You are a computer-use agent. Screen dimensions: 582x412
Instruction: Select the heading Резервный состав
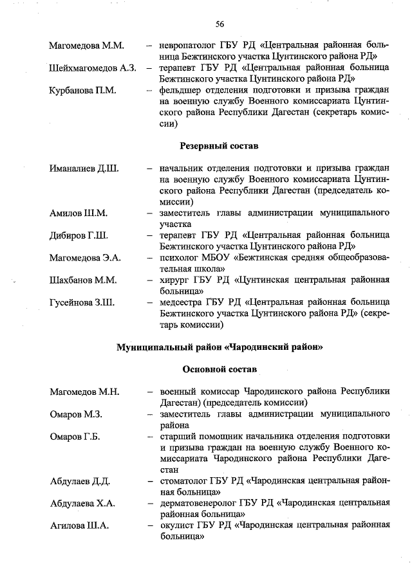(x=219, y=147)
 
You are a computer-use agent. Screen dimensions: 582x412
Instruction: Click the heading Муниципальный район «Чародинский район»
(x=219, y=347)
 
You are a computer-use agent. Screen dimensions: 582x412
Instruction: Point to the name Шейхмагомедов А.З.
(x=92, y=68)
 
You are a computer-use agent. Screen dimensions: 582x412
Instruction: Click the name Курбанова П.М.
(x=82, y=90)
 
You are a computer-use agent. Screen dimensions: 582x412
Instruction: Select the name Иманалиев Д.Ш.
(x=83, y=169)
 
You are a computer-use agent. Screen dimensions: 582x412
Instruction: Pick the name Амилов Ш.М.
(x=79, y=213)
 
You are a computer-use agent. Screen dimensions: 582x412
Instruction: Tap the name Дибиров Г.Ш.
(x=79, y=235)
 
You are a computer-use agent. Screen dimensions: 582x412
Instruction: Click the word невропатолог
(x=189, y=46)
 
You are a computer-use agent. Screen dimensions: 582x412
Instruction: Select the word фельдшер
(x=182, y=90)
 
